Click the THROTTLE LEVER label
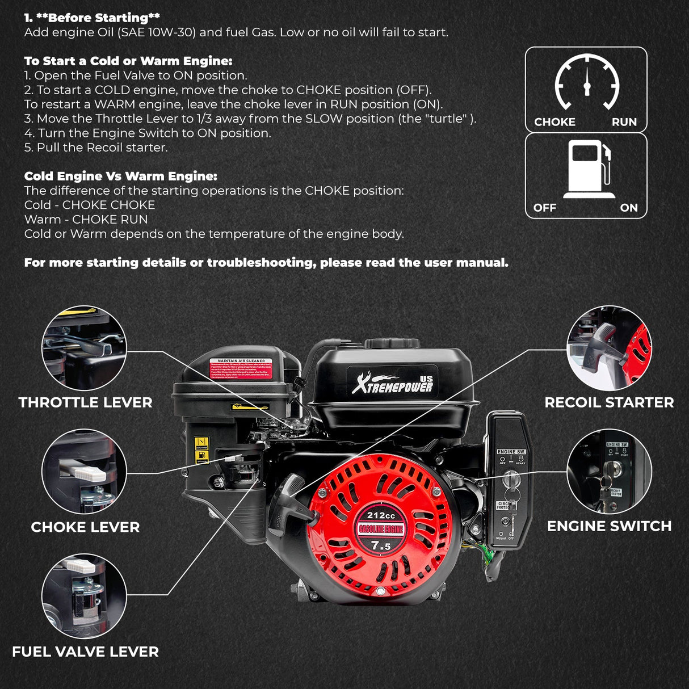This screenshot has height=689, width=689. point(85,402)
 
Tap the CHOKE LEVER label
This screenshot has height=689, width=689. point(85,527)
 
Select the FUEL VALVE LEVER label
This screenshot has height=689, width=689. point(85,652)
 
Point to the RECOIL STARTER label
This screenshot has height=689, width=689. point(609,402)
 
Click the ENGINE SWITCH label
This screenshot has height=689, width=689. point(609,526)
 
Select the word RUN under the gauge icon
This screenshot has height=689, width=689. point(624,122)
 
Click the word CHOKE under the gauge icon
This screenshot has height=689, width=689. point(554,122)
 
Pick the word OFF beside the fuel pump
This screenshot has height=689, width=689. point(544,208)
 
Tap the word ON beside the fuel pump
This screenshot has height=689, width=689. point(628,208)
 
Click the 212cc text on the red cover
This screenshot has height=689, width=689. point(381,515)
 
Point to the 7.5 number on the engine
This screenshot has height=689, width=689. point(381,546)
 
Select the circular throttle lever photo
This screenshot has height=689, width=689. point(84,348)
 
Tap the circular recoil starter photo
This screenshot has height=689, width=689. point(609,348)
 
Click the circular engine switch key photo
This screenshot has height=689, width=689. point(609,472)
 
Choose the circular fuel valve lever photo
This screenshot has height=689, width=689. point(84,596)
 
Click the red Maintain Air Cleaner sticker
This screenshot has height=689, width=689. point(241,369)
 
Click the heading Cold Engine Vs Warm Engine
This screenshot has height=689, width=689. point(120,176)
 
